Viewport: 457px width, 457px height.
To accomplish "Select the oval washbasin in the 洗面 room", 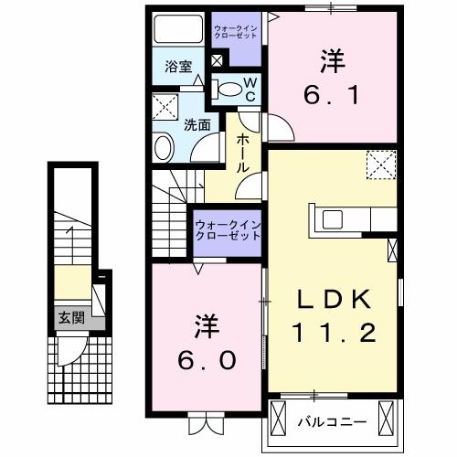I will tap(164, 147).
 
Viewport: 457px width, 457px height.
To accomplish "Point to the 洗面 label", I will tap(198, 123).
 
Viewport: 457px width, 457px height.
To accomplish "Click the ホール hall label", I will tap(244, 154).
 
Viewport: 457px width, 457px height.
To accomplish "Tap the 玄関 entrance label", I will tap(69, 317).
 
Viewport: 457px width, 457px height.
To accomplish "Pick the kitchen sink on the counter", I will tap(331, 219).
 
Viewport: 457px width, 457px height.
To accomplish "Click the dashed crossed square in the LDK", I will tap(377, 165).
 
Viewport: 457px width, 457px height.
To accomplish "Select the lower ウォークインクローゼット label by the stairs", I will tap(228, 229).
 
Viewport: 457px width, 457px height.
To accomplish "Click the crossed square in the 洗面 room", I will tap(166, 106).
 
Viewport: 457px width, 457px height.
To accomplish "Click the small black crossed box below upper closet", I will tap(217, 61).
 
